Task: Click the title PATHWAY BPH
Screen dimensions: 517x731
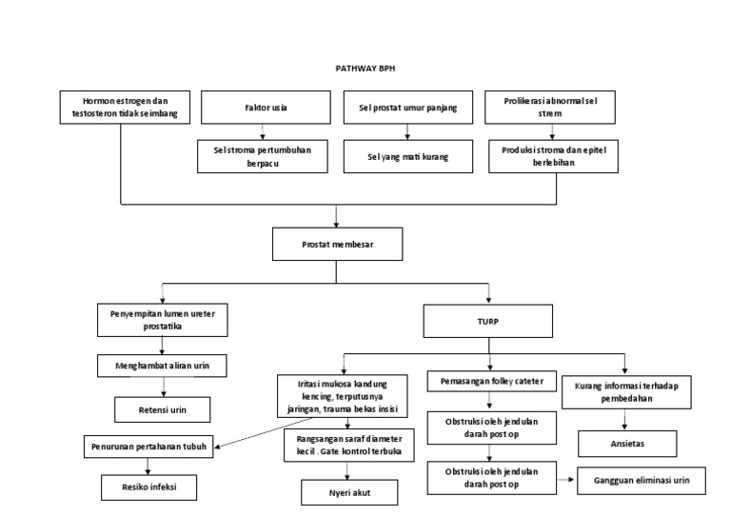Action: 365,69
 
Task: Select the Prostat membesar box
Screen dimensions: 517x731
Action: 338,243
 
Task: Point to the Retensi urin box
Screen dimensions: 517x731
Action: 164,409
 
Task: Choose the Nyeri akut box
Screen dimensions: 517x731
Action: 348,491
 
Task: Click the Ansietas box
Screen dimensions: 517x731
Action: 626,444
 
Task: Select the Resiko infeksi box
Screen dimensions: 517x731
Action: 150,487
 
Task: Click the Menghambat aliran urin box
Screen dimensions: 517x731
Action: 164,366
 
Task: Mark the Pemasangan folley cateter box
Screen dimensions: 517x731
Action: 490,382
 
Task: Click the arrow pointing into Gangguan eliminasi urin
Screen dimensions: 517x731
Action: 567,482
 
